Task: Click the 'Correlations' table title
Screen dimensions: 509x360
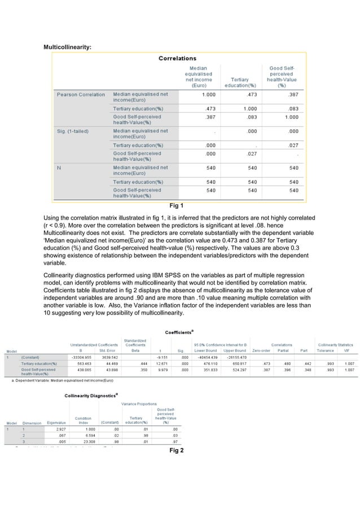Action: pyautogui.click(x=177, y=58)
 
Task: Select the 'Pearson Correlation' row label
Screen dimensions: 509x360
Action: pyautogui.click(x=80, y=94)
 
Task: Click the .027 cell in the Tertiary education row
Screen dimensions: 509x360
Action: pyautogui.click(x=293, y=145)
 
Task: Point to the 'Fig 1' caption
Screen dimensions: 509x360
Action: pyautogui.click(x=177, y=205)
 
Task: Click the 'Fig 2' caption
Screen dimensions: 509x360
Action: pyautogui.click(x=177, y=450)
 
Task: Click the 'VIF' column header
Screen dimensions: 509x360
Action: pyautogui.click(x=349, y=350)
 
